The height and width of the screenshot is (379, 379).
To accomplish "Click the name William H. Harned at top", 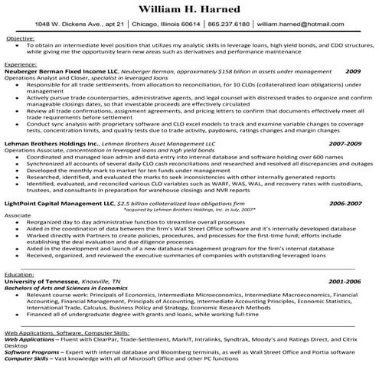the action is [x=189, y=11].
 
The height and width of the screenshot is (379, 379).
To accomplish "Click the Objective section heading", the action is [x=19, y=38].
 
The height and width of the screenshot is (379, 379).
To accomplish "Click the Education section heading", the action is [x=20, y=273].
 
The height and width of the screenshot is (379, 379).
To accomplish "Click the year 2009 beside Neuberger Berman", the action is [x=352, y=71].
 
